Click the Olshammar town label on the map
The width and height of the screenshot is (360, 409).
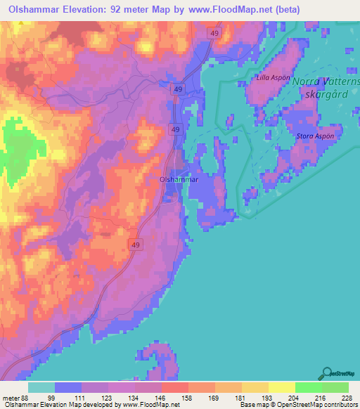179,180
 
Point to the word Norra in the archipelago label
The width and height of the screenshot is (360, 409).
306,82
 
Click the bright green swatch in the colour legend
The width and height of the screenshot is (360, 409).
309,387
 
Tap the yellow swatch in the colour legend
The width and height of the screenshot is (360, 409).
282,387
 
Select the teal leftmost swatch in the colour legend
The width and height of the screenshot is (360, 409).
41,387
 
